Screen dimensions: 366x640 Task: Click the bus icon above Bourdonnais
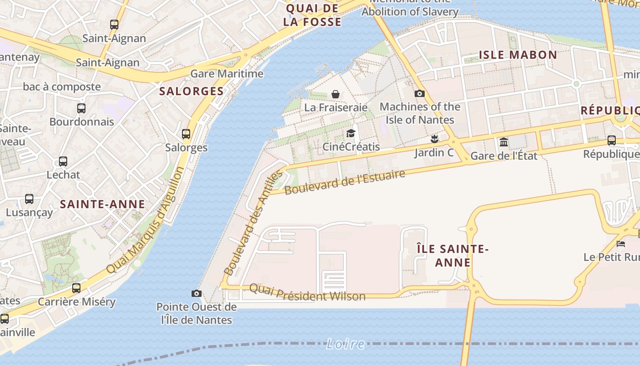tap(81, 108)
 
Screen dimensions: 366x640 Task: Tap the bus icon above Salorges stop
tap(186, 134)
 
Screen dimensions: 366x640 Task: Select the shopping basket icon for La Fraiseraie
tap(336, 94)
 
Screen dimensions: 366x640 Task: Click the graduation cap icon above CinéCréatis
tap(351, 133)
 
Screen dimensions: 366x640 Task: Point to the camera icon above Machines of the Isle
tap(419, 94)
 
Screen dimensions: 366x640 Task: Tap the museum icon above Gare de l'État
tap(504, 142)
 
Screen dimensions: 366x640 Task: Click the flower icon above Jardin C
tap(434, 139)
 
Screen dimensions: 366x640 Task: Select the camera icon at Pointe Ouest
tap(196, 293)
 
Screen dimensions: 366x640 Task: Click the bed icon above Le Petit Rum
tap(620, 243)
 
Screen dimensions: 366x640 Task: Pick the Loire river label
tap(346, 344)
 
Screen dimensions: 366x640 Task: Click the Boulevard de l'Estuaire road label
tap(345, 182)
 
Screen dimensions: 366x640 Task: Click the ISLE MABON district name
tap(517, 55)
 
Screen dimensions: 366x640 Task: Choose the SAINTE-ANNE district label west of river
tap(102, 205)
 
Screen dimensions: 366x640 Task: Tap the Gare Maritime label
tap(227, 74)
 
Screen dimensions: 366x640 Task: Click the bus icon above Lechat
tap(63, 161)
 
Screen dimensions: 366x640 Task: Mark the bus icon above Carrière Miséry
tap(76, 288)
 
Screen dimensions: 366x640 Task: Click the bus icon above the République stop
tap(611, 140)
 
